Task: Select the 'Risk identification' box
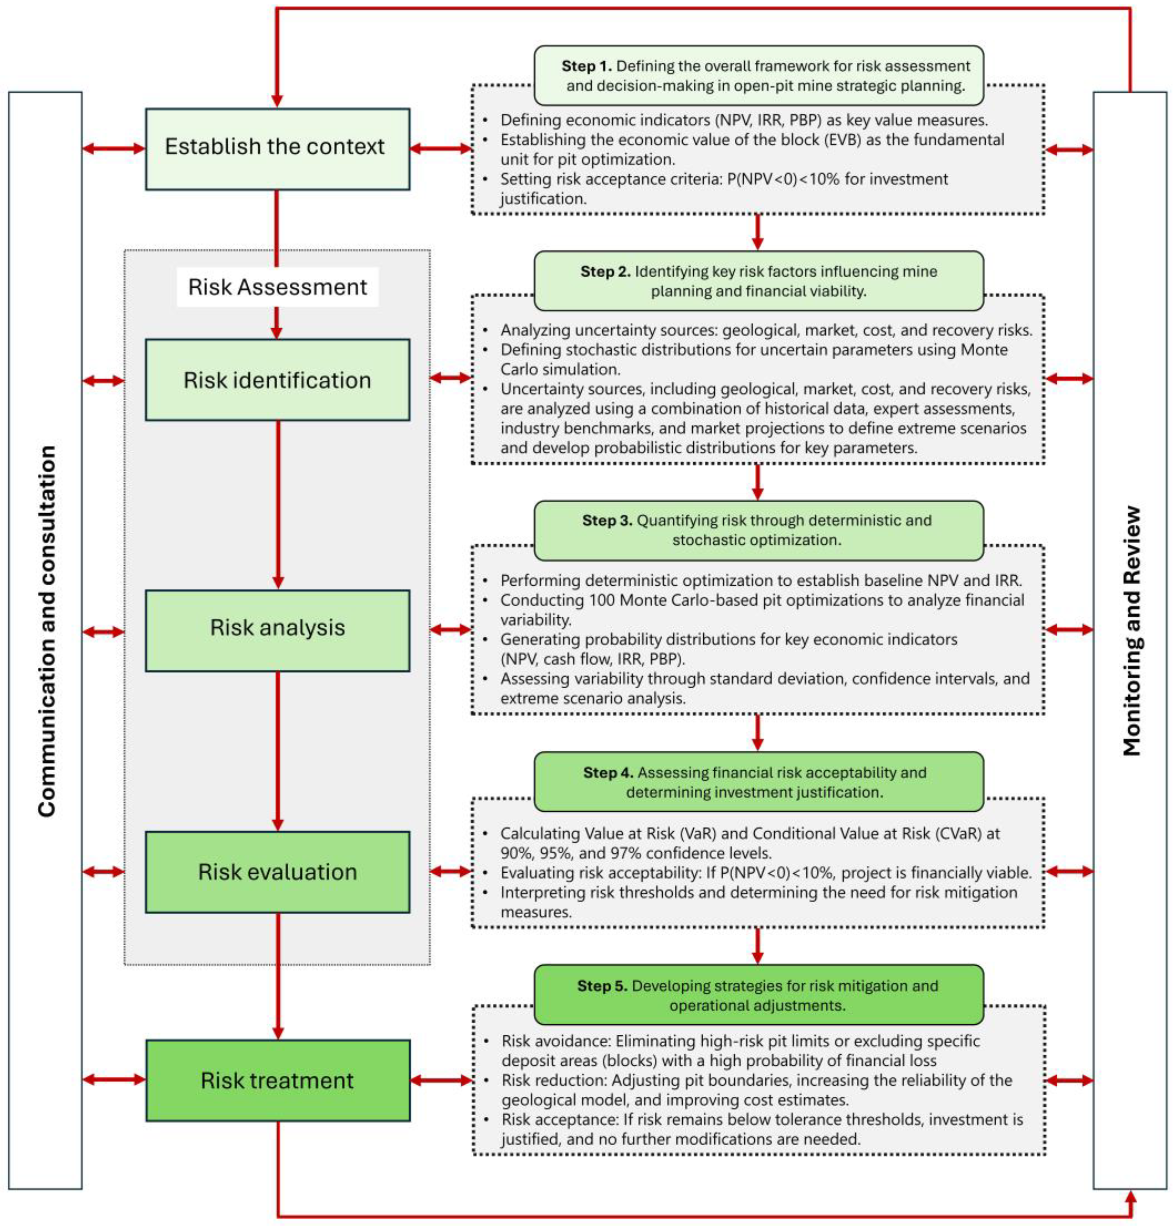tap(277, 380)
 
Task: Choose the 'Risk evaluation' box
tap(277, 871)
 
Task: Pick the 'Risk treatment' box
tap(277, 1080)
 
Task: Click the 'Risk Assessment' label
tap(277, 287)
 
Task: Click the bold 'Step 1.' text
tap(587, 66)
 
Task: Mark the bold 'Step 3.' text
tap(607, 520)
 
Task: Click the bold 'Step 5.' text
tap(602, 986)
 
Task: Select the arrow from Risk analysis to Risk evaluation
tap(278, 751)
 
